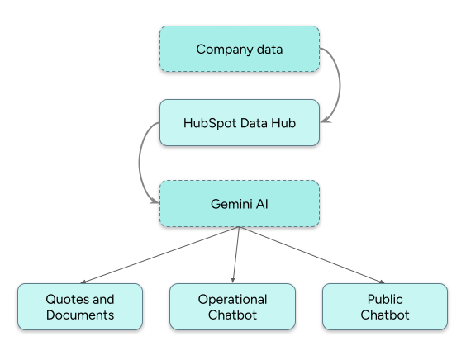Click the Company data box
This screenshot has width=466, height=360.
(239, 49)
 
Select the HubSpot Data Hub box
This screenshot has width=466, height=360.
(239, 122)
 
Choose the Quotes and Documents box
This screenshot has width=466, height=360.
(80, 307)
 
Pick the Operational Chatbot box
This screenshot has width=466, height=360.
(232, 307)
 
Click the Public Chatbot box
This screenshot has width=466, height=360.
(384, 307)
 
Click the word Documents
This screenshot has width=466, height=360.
(80, 315)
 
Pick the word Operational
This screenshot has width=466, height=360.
(232, 299)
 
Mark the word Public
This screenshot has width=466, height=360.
(384, 299)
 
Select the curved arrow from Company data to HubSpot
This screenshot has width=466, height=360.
(335, 83)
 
